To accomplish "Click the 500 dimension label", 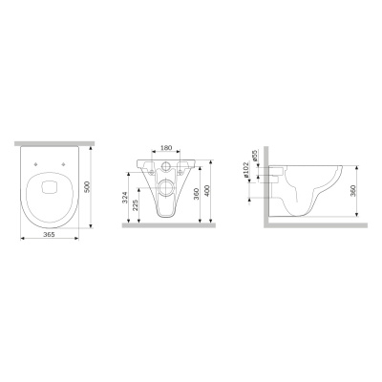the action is pyautogui.click(x=88, y=186).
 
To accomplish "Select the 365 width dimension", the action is pyautogui.click(x=50, y=234).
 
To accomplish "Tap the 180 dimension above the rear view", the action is pyautogui.click(x=166, y=148).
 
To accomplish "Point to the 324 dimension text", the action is pyautogui.click(x=125, y=198).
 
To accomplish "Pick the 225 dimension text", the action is pyautogui.click(x=136, y=205).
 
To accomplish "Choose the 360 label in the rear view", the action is pyautogui.click(x=197, y=194).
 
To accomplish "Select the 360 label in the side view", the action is pyautogui.click(x=353, y=190).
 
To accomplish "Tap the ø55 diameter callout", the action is pyautogui.click(x=254, y=156).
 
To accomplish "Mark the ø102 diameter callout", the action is pyautogui.click(x=245, y=171).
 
